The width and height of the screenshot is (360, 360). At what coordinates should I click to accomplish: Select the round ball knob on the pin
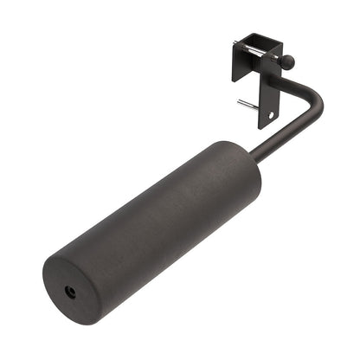coord(288,61)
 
